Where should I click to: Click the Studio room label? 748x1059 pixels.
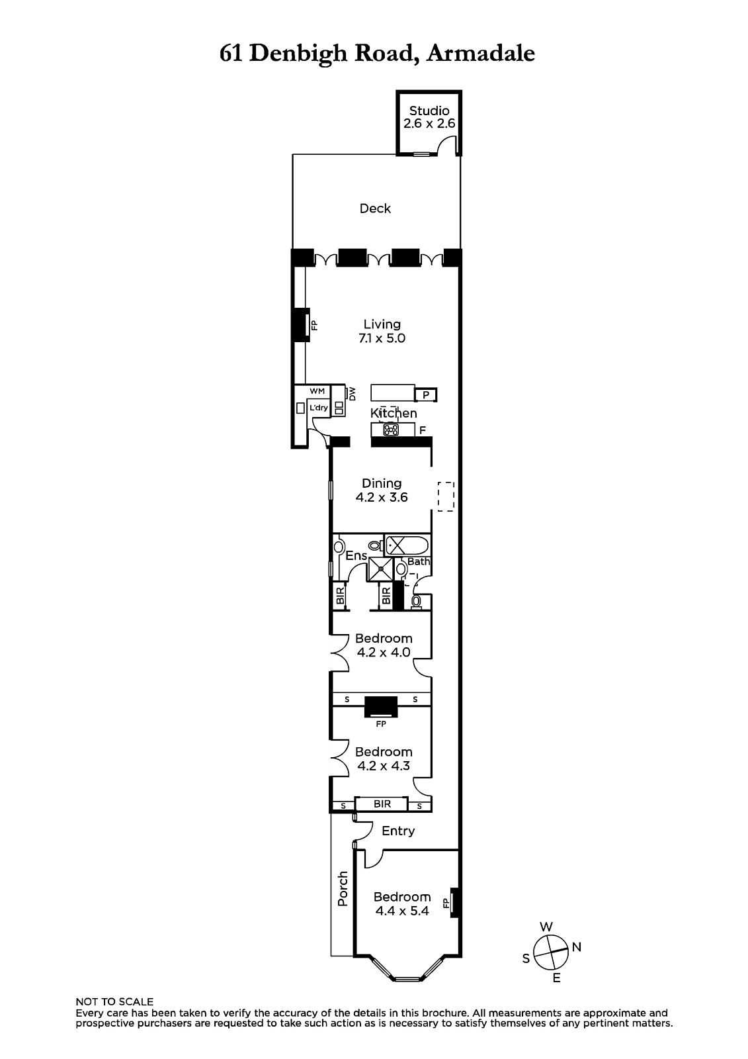pyautogui.click(x=429, y=111)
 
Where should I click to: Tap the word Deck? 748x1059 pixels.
pyautogui.click(x=375, y=208)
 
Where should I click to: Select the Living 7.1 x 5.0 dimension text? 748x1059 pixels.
pyautogui.click(x=382, y=338)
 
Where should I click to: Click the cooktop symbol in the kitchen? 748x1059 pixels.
pyautogui.click(x=391, y=430)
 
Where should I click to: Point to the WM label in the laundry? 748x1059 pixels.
pyautogui.click(x=317, y=391)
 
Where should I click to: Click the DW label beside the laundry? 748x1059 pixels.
pyautogui.click(x=353, y=394)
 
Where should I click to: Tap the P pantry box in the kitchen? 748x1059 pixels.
pyautogui.click(x=426, y=394)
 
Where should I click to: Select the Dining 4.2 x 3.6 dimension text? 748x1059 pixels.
pyautogui.click(x=382, y=497)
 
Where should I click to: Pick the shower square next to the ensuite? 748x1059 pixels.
pyautogui.click(x=380, y=569)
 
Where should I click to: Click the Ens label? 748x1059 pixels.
pyautogui.click(x=356, y=555)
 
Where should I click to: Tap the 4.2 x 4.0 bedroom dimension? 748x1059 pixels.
pyautogui.click(x=384, y=652)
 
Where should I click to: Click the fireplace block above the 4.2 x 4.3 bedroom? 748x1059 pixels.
pyautogui.click(x=381, y=707)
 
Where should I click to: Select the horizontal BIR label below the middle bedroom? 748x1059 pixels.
pyautogui.click(x=382, y=804)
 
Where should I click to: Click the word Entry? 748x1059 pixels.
pyautogui.click(x=398, y=831)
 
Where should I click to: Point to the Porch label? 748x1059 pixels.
pyautogui.click(x=343, y=889)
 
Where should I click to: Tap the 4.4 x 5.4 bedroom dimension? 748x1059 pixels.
pyautogui.click(x=402, y=911)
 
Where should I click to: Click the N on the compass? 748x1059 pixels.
pyautogui.click(x=577, y=947)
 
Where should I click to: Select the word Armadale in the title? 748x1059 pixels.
pyautogui.click(x=481, y=54)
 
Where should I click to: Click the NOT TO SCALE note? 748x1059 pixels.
pyautogui.click(x=114, y=1002)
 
